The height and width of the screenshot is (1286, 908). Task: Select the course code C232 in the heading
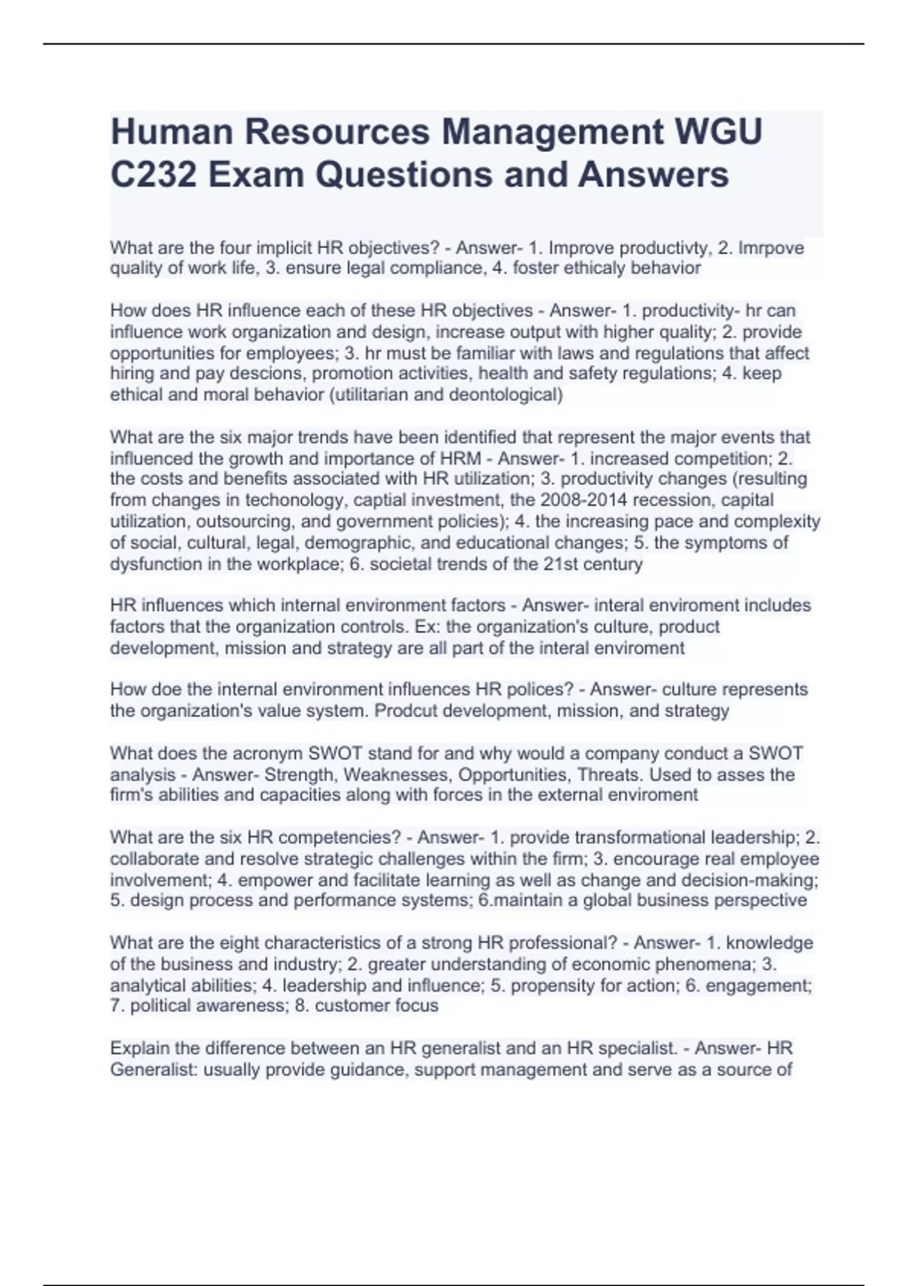coord(154,175)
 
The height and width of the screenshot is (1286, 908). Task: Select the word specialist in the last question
coord(636,1049)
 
